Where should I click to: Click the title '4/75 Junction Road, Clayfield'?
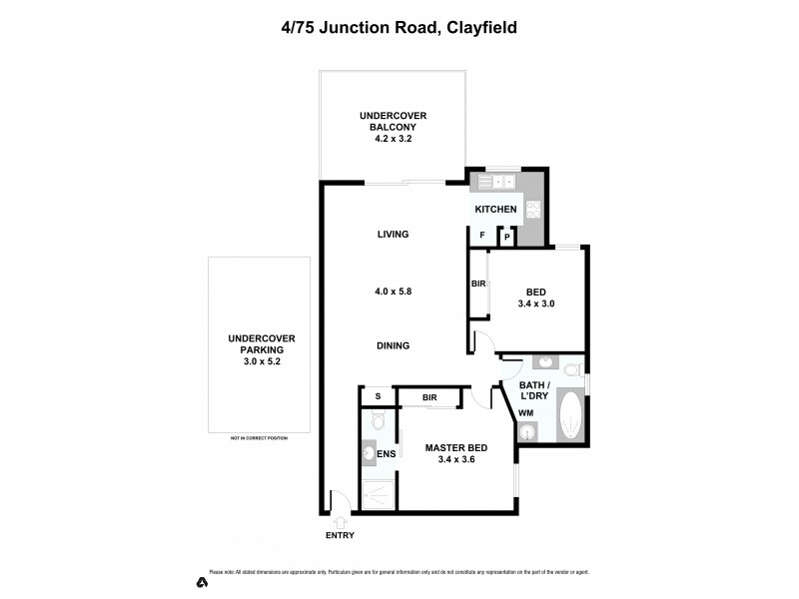point(399,27)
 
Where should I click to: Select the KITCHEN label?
point(495,210)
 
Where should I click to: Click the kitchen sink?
point(494,182)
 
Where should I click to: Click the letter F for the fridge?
point(483,236)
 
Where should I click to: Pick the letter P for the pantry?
point(507,237)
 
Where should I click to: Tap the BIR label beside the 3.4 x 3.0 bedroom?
point(478,285)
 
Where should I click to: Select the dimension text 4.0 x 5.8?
point(393,291)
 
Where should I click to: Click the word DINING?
point(393,346)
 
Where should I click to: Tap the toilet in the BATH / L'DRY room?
point(572,370)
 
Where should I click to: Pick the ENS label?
point(387,455)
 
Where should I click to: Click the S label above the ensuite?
point(379,396)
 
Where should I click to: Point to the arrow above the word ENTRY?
point(339,520)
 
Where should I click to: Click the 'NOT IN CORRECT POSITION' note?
point(259,438)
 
